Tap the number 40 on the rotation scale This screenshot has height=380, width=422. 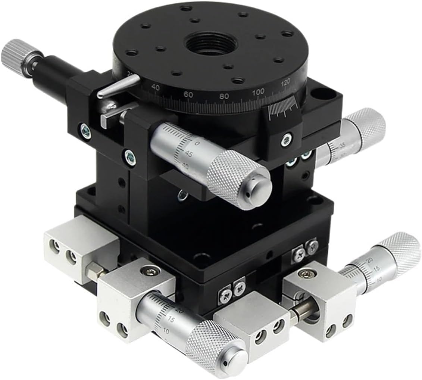(x=156, y=88)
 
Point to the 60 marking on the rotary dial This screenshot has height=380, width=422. (x=188, y=94)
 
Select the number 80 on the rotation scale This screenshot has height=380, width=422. (x=224, y=96)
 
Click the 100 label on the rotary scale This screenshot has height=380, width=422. (x=258, y=91)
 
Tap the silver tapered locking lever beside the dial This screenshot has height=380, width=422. (x=119, y=85)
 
